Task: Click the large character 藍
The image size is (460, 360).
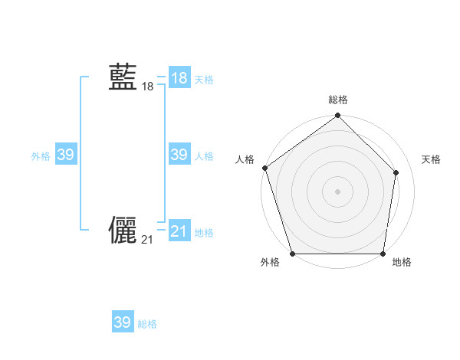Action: click(x=123, y=77)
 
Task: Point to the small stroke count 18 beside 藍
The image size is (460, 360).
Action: click(x=147, y=87)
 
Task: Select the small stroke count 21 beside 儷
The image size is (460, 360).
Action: click(x=147, y=241)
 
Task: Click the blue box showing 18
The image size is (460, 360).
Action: click(x=179, y=77)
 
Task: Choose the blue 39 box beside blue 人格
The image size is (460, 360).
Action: click(x=179, y=155)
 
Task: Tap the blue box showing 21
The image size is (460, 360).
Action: click(x=179, y=231)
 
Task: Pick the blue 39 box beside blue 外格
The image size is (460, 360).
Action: click(x=66, y=155)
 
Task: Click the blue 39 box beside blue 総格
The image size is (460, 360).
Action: click(x=123, y=322)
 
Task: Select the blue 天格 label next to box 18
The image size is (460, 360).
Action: click(x=204, y=79)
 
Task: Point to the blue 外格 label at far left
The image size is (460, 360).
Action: click(x=41, y=156)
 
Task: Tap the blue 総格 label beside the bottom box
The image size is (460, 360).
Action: click(x=147, y=324)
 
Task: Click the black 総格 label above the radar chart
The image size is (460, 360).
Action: click(x=337, y=100)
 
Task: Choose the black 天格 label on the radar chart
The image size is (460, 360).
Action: click(x=431, y=159)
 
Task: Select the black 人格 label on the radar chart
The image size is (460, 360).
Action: click(x=245, y=159)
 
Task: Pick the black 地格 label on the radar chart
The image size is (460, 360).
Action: click(x=402, y=262)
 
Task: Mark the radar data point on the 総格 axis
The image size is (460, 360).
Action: click(x=337, y=116)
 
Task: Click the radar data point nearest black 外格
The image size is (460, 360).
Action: click(x=292, y=254)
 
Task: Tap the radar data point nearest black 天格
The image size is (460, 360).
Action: click(x=396, y=172)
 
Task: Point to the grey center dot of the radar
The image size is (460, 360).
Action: click(x=337, y=191)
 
